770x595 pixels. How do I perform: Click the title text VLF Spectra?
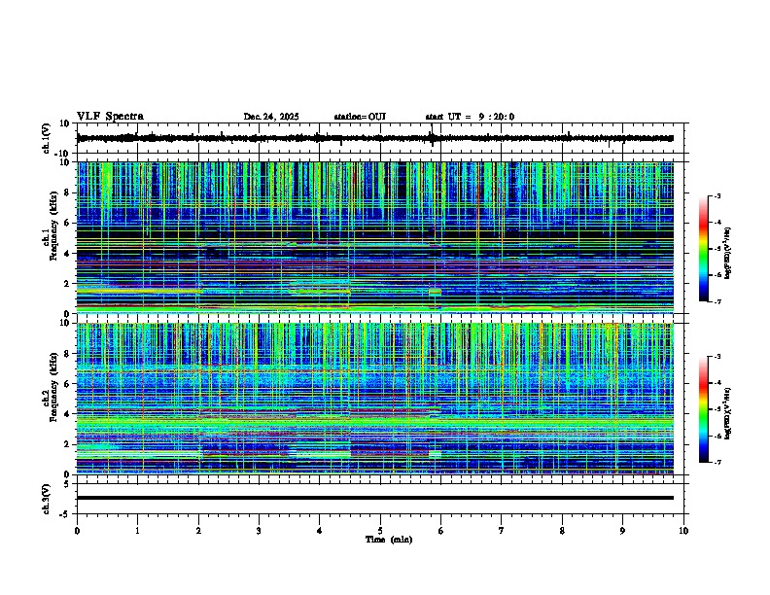[110, 116]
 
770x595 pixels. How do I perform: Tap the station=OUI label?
[360, 117]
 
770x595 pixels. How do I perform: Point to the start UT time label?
[470, 117]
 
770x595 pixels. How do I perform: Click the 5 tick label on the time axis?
[380, 530]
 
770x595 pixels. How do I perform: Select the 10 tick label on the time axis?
[683, 530]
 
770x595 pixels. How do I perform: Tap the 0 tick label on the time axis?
[77, 530]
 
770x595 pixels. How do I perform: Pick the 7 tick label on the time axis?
[502, 530]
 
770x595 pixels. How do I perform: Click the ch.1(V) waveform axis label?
[47, 139]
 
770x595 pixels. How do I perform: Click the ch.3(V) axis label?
[47, 497]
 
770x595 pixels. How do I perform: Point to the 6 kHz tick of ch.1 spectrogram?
[69, 223]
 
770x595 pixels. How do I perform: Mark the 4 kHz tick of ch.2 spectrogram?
[69, 413]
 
